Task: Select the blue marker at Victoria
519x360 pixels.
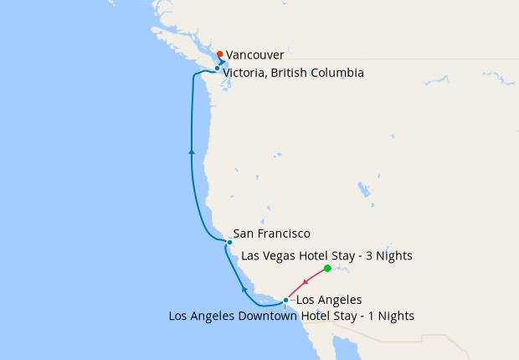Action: pyautogui.click(x=217, y=69)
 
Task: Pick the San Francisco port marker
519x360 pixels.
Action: pyautogui.click(x=229, y=242)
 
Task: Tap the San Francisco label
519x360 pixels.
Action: pyautogui.click(x=272, y=234)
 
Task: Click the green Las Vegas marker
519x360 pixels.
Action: pyautogui.click(x=327, y=268)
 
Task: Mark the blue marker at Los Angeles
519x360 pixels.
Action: pyautogui.click(x=285, y=300)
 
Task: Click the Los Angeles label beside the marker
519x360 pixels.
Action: pyautogui.click(x=329, y=300)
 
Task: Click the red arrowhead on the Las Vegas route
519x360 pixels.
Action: pyautogui.click(x=315, y=280)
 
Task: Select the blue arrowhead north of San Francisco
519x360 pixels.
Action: pyautogui.click(x=192, y=152)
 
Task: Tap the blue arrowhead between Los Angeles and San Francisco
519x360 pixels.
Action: pyautogui.click(x=244, y=289)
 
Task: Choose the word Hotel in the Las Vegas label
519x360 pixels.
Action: pyautogui.click(x=321, y=255)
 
